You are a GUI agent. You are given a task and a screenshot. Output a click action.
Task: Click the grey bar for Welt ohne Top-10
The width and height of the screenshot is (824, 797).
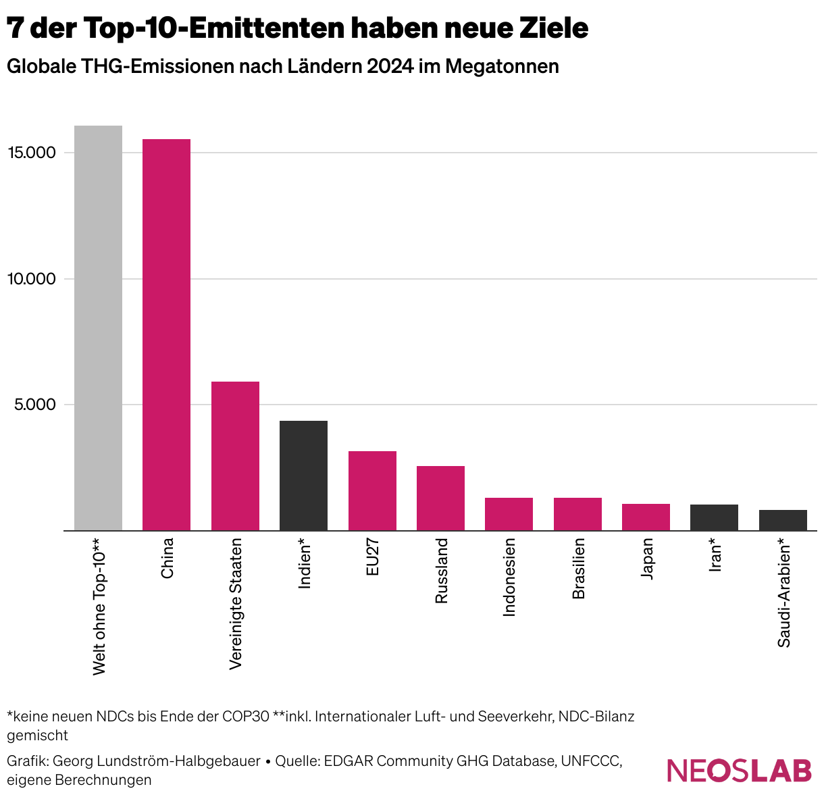pos(98,328)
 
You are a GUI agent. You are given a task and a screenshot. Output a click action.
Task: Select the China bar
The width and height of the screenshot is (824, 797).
pos(166,334)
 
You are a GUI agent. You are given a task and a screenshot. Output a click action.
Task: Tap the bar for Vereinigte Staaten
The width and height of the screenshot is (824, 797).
pos(235,456)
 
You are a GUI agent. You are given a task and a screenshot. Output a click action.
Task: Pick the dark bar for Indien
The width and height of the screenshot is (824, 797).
pos(303,475)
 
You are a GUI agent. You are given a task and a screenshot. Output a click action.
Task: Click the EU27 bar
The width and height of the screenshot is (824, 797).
pos(372,490)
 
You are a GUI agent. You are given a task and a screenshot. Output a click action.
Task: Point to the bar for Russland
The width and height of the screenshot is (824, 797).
pos(440,498)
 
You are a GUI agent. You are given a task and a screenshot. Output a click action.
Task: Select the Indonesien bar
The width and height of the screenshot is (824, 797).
pos(509,514)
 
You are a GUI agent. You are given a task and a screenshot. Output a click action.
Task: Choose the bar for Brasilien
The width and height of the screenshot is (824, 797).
pos(577,514)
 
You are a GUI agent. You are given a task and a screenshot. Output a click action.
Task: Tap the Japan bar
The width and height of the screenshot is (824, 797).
pos(646,517)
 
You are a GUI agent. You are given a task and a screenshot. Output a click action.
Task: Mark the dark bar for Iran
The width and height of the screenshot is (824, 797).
pos(714,517)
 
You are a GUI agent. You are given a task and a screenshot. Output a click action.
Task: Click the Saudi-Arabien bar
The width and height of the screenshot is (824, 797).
pos(783,520)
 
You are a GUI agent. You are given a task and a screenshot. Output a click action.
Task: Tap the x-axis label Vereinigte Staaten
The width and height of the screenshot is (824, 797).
pos(236,603)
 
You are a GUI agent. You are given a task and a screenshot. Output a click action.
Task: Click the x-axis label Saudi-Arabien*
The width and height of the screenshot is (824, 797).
pos(783,592)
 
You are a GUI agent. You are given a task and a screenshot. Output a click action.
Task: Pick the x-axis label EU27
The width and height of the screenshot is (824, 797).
pos(372,557)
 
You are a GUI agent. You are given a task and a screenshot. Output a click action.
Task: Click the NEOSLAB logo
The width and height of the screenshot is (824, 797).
pos(739,771)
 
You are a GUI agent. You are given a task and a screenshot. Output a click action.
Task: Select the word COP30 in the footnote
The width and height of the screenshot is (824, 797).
pos(246,716)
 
